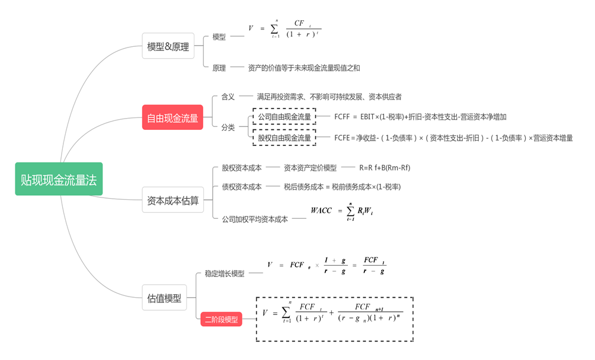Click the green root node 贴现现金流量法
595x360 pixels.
[x=59, y=179]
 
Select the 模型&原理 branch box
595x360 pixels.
[x=168, y=46]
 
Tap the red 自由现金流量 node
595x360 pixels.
[x=172, y=118]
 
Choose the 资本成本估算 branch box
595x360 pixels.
[x=172, y=200]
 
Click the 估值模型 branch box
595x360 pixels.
[x=164, y=298]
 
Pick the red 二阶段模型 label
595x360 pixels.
[x=221, y=320]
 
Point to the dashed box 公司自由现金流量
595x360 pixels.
[x=284, y=117]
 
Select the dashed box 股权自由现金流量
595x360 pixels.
[x=284, y=138]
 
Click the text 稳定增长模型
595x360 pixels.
[x=225, y=273]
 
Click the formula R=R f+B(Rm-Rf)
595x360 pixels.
[x=385, y=168]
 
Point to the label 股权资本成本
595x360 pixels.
[x=242, y=168]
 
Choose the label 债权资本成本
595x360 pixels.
[x=242, y=187]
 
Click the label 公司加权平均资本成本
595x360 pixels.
[x=255, y=219]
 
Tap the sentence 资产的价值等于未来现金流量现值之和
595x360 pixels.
[x=304, y=68]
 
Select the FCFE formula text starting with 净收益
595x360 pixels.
[x=453, y=138]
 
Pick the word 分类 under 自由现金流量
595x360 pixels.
[x=228, y=127]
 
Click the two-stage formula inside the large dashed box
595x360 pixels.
[x=334, y=314]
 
